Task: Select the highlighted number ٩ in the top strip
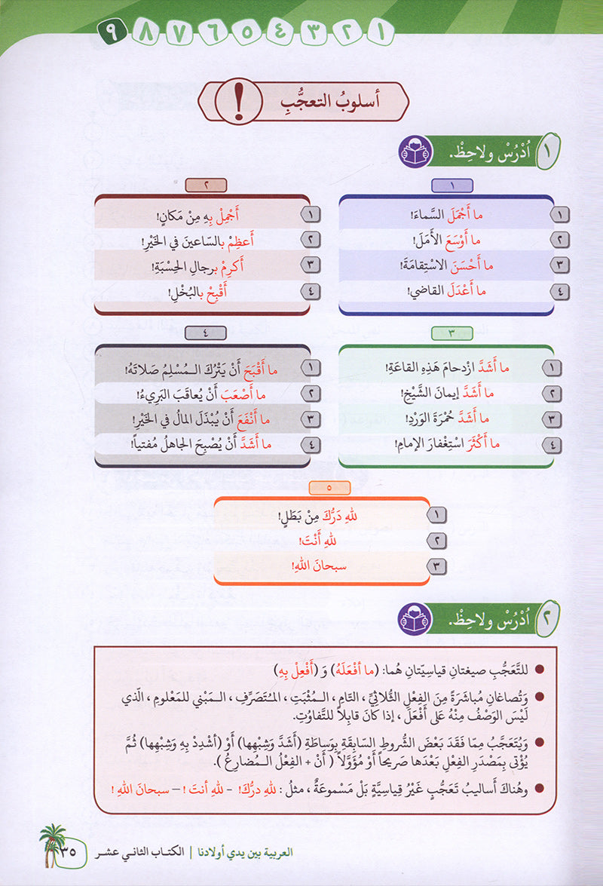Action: pos(109,34)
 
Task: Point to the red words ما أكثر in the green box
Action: pos(492,446)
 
